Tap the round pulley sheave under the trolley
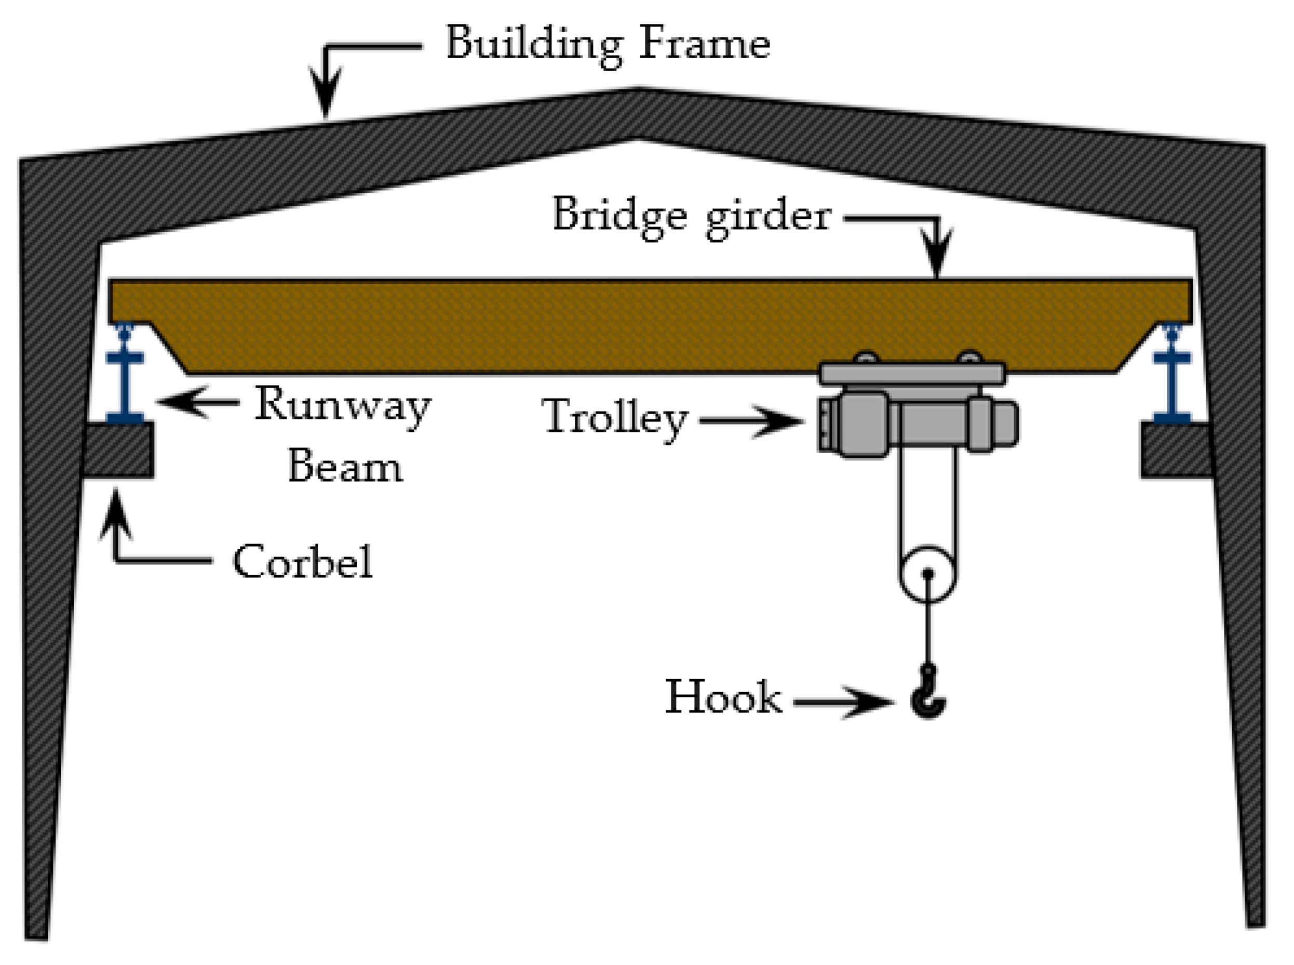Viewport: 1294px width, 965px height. [x=927, y=574]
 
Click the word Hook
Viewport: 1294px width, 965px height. [x=723, y=697]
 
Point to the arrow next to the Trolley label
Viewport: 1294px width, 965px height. [x=753, y=420]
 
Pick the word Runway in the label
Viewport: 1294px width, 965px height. [x=343, y=405]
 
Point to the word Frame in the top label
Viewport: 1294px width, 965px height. [x=704, y=43]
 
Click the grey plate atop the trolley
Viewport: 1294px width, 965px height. [x=912, y=373]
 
